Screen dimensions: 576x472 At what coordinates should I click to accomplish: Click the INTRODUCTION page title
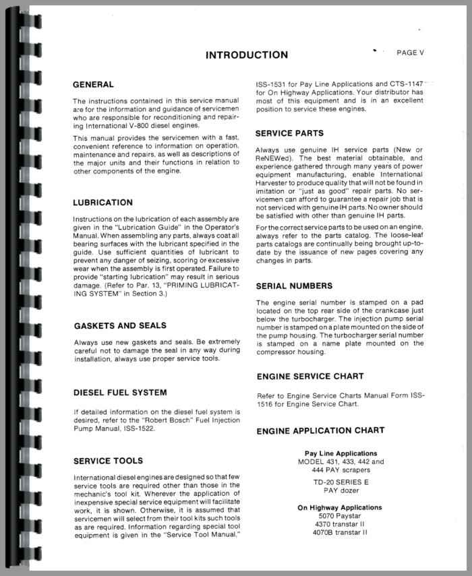(x=246, y=55)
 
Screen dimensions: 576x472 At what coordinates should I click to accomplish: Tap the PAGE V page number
(x=411, y=52)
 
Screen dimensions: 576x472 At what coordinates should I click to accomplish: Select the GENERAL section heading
(x=93, y=85)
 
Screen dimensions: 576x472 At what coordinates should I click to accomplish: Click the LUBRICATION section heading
(x=102, y=202)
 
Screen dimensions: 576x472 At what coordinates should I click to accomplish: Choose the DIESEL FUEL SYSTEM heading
(x=120, y=392)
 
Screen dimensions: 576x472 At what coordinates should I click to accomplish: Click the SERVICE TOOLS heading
(x=108, y=461)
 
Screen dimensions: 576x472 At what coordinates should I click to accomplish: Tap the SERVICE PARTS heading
(x=290, y=133)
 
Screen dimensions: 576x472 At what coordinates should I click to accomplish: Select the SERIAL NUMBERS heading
(x=294, y=286)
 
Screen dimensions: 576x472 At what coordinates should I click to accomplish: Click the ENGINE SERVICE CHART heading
(x=310, y=376)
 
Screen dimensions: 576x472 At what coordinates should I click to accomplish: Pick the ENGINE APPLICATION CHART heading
(x=320, y=430)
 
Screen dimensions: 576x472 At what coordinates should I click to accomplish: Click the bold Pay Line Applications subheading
(x=341, y=453)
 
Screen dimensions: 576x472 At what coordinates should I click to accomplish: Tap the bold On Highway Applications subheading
(x=340, y=507)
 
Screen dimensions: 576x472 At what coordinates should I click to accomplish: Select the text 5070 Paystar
(x=341, y=516)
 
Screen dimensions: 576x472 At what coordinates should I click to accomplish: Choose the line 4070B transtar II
(x=341, y=532)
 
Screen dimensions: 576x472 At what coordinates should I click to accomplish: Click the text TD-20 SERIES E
(x=341, y=483)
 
